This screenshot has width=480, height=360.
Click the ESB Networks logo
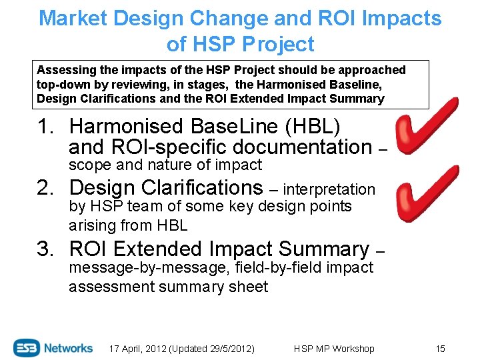click(x=53, y=347)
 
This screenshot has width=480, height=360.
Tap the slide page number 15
click(x=439, y=349)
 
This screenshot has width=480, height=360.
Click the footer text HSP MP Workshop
click(x=333, y=349)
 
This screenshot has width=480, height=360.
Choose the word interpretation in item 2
click(x=329, y=190)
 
